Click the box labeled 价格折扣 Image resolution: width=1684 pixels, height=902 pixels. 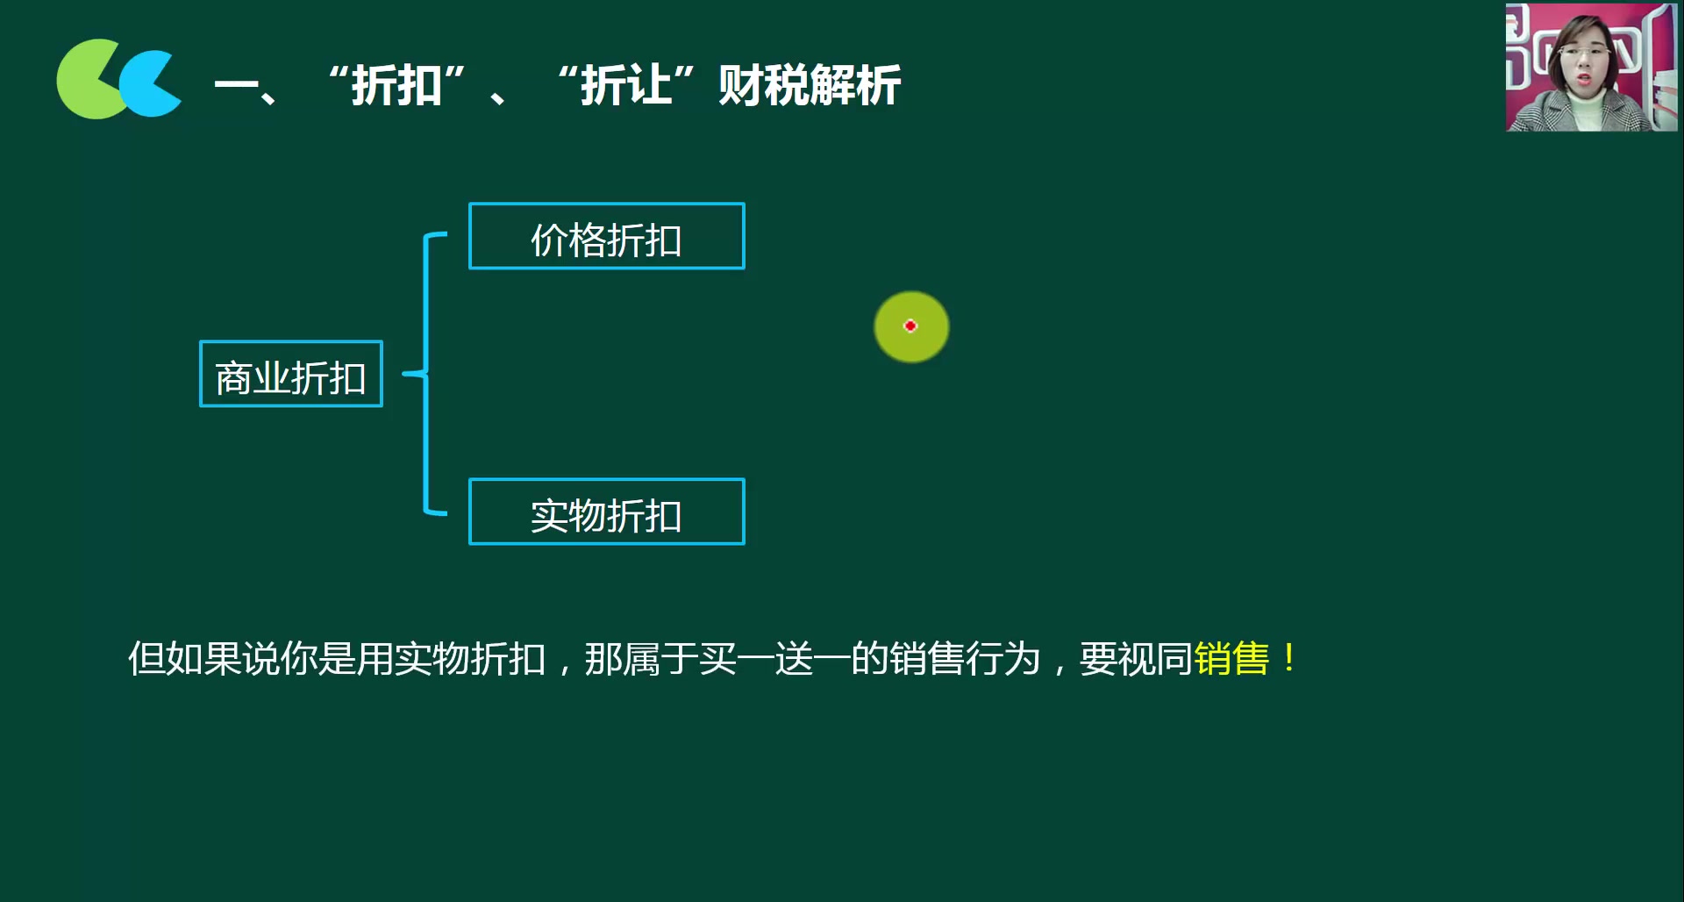coord(606,237)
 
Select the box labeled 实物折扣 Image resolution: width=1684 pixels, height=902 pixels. coord(606,512)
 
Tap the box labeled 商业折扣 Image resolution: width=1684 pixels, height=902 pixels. coord(291,375)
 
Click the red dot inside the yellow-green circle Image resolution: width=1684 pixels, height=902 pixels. coord(910,326)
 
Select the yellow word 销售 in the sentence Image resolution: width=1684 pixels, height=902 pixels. coord(1231,659)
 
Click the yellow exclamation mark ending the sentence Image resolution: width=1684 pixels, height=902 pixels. coord(1288,658)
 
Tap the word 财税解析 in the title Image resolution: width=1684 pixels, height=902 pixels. coord(809,86)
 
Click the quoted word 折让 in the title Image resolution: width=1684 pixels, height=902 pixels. coord(625,86)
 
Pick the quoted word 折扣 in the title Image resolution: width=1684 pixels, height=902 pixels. coord(396,86)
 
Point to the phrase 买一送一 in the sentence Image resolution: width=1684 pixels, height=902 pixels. coord(774,659)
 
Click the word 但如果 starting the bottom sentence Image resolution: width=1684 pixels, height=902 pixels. coord(184,659)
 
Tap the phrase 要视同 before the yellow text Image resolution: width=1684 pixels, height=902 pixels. coord(1135,659)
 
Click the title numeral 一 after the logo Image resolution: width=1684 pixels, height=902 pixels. coord(235,86)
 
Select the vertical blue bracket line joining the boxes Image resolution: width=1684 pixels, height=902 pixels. coord(426,439)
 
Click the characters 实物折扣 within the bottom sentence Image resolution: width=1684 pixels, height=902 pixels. coord(470,659)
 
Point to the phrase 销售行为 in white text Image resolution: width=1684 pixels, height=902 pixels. coord(964,659)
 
